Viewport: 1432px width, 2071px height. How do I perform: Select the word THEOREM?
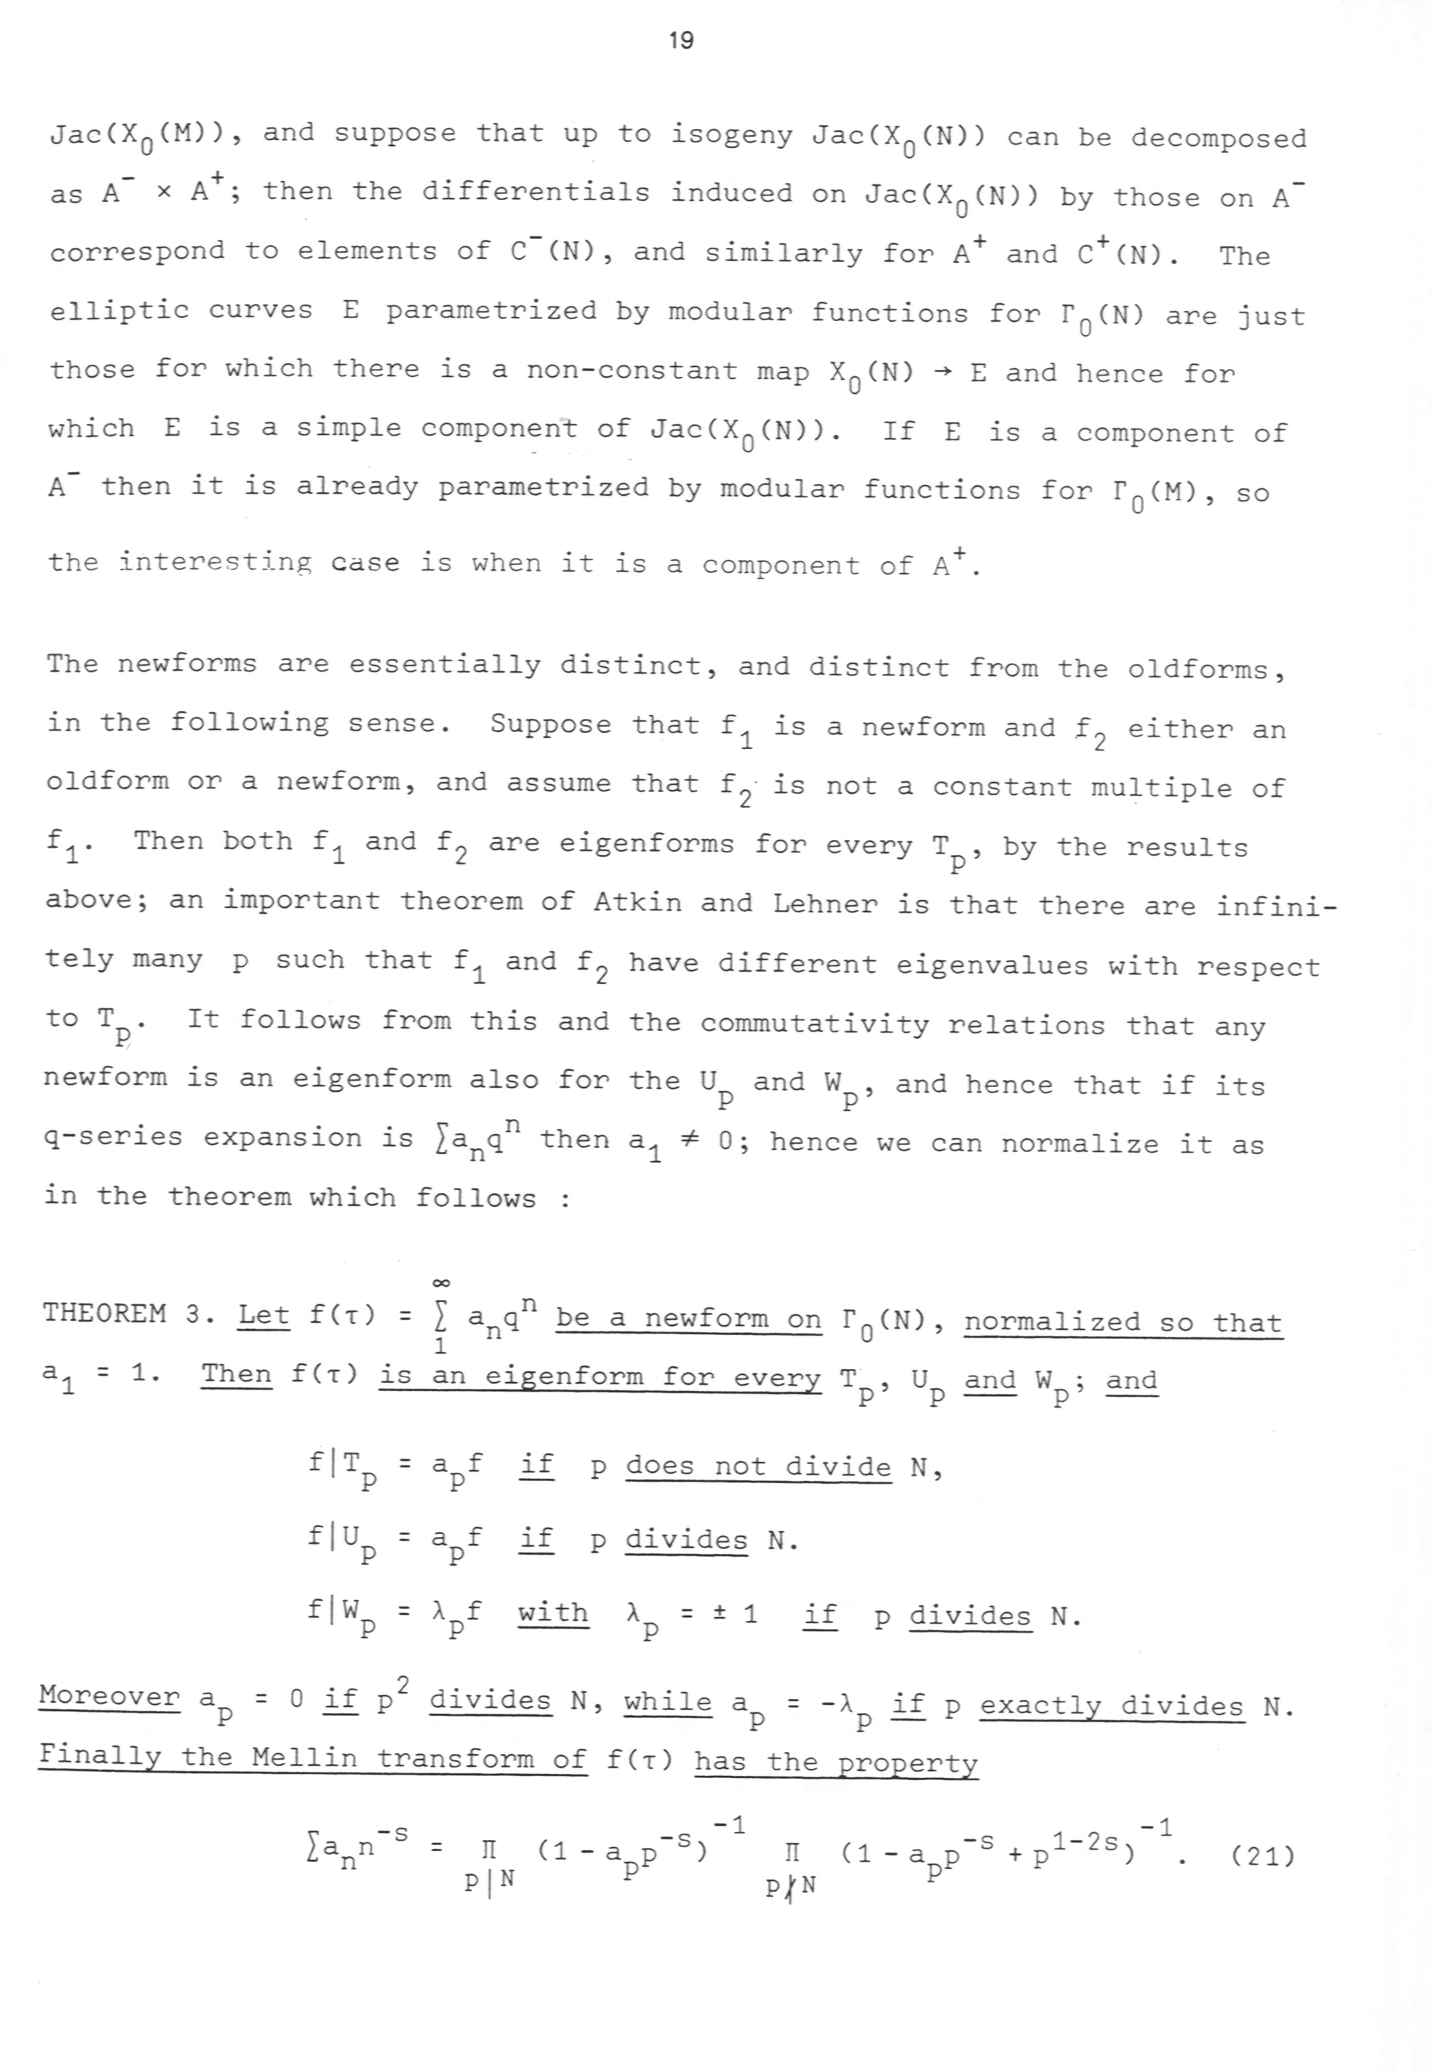pyautogui.click(x=104, y=1314)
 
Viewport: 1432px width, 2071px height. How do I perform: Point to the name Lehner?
pyautogui.click(x=825, y=903)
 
